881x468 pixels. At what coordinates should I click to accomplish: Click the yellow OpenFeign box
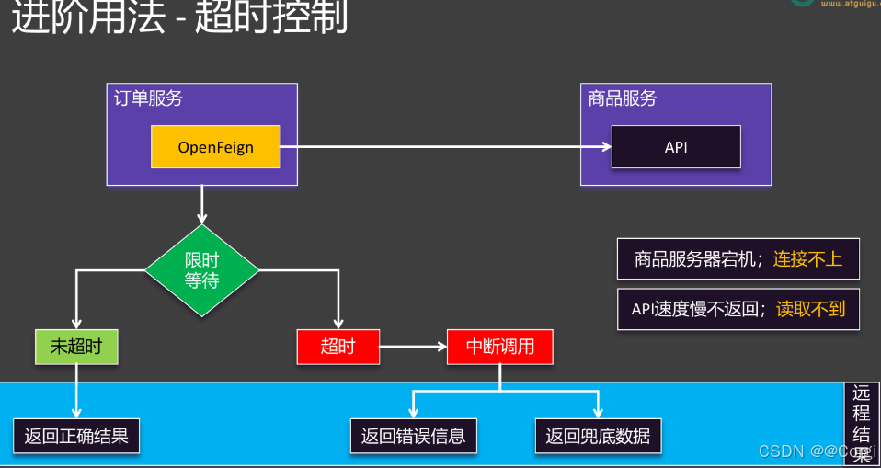point(216,147)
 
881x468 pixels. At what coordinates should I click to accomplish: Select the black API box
point(676,147)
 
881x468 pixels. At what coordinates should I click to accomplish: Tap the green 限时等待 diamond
point(202,270)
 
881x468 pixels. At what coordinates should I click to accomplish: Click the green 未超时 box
point(76,347)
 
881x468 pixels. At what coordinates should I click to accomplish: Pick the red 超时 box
point(338,347)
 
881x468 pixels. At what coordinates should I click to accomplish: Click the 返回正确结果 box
point(76,436)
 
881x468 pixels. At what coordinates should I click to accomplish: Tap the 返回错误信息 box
point(413,436)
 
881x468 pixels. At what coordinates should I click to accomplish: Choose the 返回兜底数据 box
point(598,436)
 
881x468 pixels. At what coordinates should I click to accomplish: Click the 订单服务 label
point(148,98)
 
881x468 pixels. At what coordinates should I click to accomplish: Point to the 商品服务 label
point(623,98)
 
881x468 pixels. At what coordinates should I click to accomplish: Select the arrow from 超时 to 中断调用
point(413,347)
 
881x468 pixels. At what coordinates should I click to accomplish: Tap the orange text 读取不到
point(810,309)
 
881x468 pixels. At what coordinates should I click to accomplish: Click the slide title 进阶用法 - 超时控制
point(179,18)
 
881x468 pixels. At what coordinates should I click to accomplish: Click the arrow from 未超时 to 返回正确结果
point(76,391)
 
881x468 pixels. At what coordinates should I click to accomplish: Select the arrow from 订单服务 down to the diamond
point(202,205)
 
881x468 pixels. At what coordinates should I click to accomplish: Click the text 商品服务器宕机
point(695,259)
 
